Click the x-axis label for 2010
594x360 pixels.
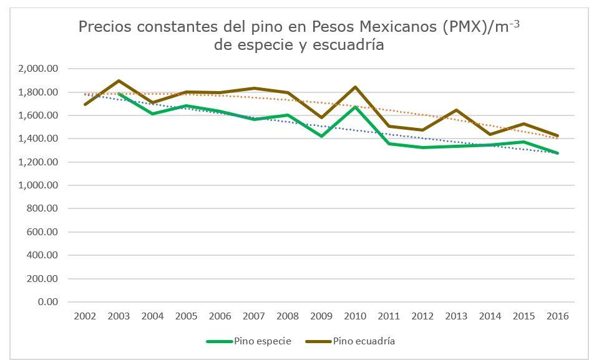pos(355,316)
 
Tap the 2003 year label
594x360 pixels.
pos(119,316)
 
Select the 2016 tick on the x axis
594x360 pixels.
pos(557,316)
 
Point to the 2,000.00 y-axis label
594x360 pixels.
pos(39,69)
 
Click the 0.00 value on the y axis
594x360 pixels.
pos(48,302)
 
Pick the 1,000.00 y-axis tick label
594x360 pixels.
pos(39,185)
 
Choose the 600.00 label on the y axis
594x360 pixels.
pos(44,232)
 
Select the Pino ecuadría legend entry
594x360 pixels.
pos(363,341)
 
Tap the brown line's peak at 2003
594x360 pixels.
pos(119,81)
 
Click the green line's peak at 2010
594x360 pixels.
pos(355,107)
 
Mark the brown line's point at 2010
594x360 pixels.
pos(355,87)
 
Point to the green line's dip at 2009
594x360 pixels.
pos(321,136)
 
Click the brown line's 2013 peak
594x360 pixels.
pos(456,110)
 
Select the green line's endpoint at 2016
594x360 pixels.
pos(557,153)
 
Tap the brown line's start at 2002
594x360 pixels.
pos(85,104)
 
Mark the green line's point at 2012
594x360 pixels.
pos(422,147)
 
